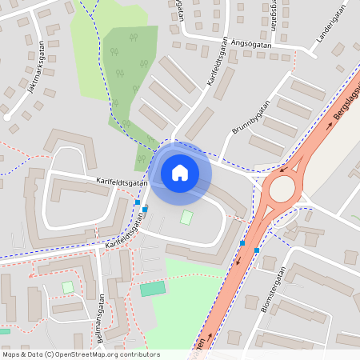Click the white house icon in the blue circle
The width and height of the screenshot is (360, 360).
point(180,172)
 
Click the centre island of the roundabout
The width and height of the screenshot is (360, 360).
point(282,189)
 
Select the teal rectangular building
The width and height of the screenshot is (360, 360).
point(152,288)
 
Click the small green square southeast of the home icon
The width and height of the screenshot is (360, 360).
point(186,217)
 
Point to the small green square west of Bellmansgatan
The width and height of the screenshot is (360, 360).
point(68,286)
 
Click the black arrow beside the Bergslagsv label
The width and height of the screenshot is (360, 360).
point(328,124)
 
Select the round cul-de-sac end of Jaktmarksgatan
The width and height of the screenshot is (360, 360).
point(7,117)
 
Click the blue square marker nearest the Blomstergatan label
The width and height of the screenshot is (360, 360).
point(256,250)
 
